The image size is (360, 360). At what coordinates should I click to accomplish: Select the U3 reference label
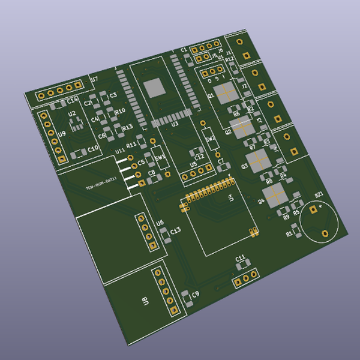(175, 124)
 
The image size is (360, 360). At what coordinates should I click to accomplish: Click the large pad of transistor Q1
(227, 93)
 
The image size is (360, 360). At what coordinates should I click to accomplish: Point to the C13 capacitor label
(176, 230)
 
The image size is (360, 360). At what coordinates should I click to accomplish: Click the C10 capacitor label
(93, 148)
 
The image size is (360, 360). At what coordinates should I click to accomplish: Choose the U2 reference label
(71, 113)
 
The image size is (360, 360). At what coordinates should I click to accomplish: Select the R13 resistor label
(127, 128)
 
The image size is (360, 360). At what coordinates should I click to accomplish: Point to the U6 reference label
(160, 223)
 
